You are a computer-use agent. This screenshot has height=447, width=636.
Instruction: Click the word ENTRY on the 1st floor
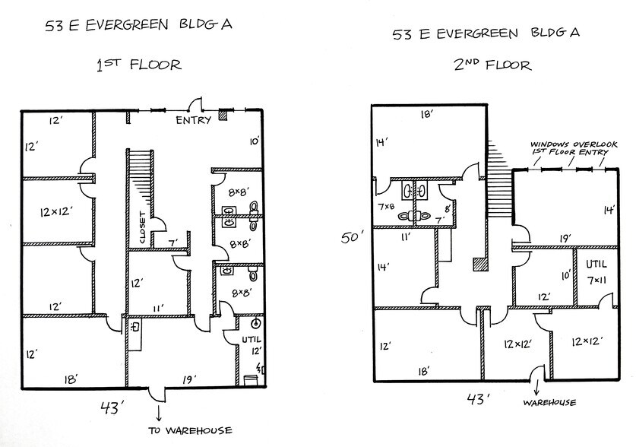pos(193,121)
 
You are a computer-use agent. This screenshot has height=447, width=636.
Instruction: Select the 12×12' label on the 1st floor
pos(55,211)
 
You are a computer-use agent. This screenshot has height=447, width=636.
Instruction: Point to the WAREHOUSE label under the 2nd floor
pos(549,402)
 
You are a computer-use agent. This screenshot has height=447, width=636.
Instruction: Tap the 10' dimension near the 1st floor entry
pos(254,141)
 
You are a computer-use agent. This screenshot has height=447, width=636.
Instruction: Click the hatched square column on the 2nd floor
pos(478,265)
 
